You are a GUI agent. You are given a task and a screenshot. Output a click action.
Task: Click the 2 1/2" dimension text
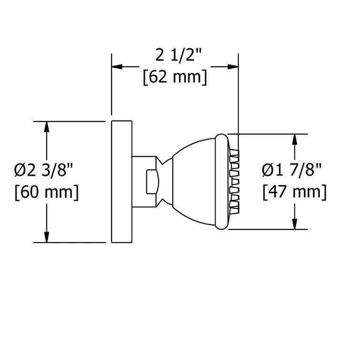pyautogui.click(x=175, y=56)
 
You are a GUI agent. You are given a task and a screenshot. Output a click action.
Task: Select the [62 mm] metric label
pyautogui.click(x=175, y=77)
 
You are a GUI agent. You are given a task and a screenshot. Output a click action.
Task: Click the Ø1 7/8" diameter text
pyautogui.click(x=292, y=170)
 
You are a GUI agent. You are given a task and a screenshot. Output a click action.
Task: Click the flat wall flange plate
pyautogui.click(x=121, y=182)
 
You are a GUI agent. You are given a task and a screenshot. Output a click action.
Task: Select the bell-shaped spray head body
pyautogui.click(x=195, y=182)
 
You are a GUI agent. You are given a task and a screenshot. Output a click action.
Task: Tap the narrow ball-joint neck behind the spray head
pyautogui.click(x=165, y=182)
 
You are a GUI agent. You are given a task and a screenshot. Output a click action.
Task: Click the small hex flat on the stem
pyautogui.click(x=151, y=182)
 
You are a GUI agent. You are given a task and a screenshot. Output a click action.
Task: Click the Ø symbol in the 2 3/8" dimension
pyautogui.click(x=20, y=170)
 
